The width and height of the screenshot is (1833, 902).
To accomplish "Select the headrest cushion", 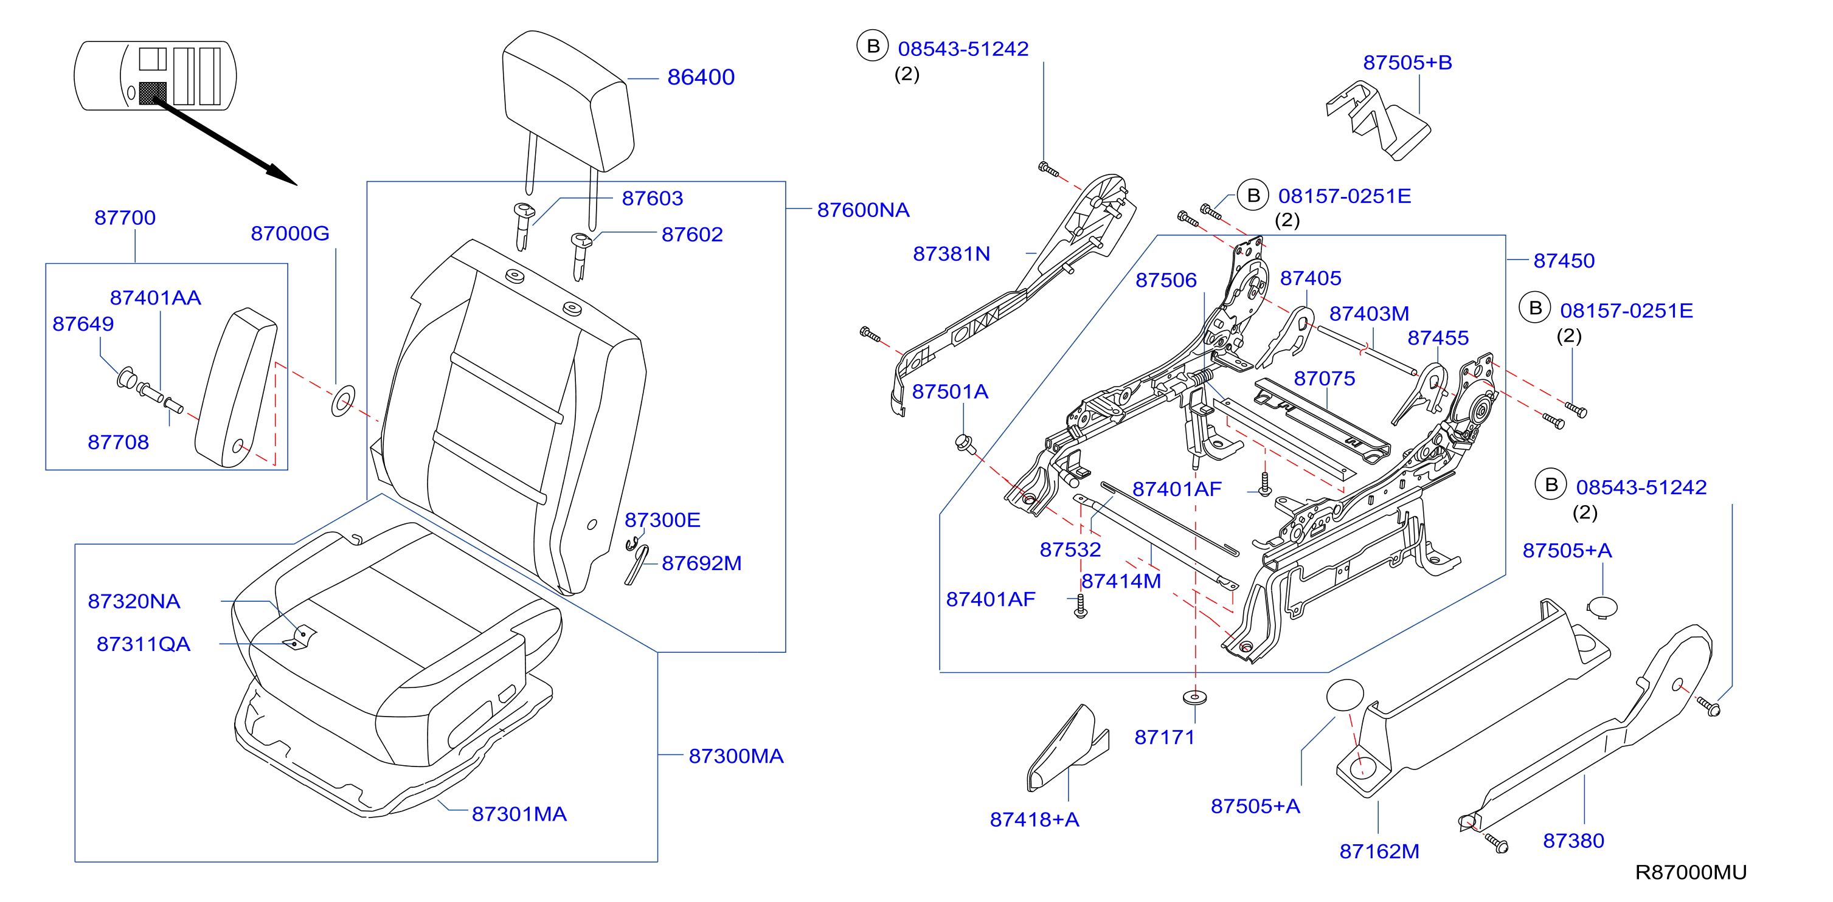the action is coord(567,100).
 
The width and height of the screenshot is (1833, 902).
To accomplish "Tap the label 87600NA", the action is coord(862,210).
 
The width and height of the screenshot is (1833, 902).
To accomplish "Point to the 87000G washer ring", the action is coord(343,402).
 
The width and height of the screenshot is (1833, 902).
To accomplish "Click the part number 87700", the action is coord(125,218).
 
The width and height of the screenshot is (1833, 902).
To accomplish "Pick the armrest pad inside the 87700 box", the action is coord(235,388).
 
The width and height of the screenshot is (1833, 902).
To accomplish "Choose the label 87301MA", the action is coord(519,814).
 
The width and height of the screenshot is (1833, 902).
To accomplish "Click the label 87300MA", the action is coord(736,756).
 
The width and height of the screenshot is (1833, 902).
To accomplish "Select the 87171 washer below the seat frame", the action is coord(1194,697).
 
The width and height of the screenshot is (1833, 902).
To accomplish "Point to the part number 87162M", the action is coord(1379,852).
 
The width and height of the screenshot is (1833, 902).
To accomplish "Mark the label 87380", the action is coord(1573,841).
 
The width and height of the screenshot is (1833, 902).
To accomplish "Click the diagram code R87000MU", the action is coord(1691,872).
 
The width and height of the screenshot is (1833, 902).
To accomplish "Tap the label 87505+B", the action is coord(1407,63).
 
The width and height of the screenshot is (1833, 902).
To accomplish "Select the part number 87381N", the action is coord(951,254).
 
